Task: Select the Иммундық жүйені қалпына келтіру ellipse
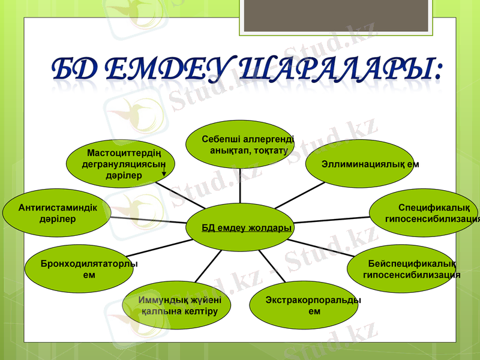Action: click(177, 306)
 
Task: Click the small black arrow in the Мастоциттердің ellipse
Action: click(164, 175)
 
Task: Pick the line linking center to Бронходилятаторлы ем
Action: click(162, 246)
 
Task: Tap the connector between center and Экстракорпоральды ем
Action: click(272, 264)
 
